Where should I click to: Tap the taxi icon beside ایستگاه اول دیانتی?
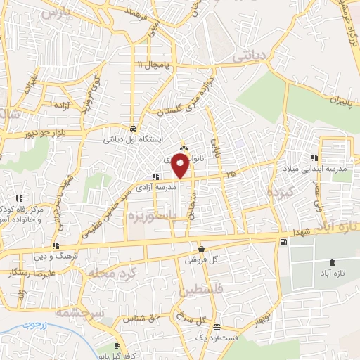133,129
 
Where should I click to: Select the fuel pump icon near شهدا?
283,242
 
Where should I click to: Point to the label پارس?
56,12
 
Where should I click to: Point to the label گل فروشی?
202,259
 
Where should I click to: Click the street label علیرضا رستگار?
28,271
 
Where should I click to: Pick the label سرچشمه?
82,311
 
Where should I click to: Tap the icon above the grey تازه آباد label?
326,259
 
